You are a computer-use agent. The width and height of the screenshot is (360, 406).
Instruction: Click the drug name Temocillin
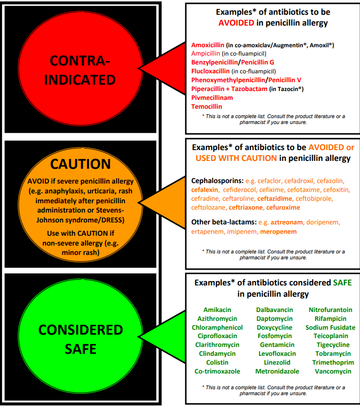(x=207, y=106)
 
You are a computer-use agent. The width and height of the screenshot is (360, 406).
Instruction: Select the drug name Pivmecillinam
(x=212, y=97)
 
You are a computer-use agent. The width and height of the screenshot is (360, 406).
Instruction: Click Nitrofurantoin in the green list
(x=330, y=310)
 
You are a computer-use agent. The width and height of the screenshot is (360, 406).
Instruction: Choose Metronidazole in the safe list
(x=277, y=371)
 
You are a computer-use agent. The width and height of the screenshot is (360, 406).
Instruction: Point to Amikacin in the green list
(x=217, y=310)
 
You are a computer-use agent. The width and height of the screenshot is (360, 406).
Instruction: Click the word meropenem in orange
(x=278, y=231)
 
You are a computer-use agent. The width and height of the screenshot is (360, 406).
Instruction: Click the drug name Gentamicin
(x=277, y=345)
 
